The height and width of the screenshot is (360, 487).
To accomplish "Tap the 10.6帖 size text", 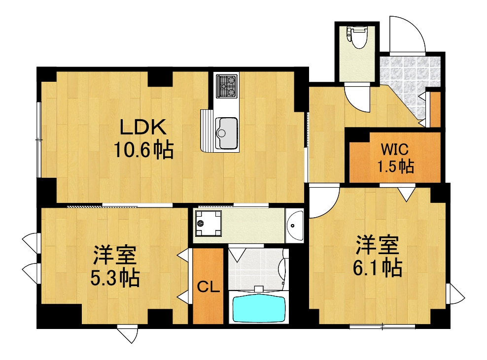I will pyautogui.click(x=143, y=149).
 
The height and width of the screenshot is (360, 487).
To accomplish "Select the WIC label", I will pyautogui.click(x=394, y=149).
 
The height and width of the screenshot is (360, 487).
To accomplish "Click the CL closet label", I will pyautogui.click(x=208, y=287).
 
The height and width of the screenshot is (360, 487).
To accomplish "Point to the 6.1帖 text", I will pyautogui.click(x=377, y=268).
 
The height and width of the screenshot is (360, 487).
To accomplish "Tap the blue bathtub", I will pyautogui.click(x=258, y=308).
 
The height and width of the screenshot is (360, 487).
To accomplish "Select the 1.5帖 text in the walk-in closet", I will pyautogui.click(x=395, y=166).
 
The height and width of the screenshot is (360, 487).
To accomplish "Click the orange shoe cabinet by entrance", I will pyautogui.click(x=435, y=109).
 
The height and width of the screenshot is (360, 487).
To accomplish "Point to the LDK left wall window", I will pyautogui.click(x=38, y=140).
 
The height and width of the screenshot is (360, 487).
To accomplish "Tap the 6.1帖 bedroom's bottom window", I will pyautogui.click(x=383, y=326).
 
